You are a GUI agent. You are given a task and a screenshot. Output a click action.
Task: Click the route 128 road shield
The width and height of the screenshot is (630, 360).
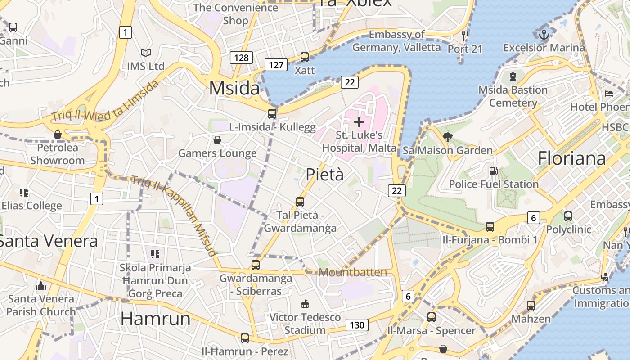point(241,58)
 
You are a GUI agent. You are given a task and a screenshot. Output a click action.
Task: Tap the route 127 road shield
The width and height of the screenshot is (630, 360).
point(276,65)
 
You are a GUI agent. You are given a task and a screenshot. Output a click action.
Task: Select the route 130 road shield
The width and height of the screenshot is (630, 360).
point(357,325)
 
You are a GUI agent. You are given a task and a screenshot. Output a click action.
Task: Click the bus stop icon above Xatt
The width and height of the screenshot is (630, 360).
point(305,57)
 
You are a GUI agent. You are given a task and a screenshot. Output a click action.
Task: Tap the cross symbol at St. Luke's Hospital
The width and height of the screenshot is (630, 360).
point(359,121)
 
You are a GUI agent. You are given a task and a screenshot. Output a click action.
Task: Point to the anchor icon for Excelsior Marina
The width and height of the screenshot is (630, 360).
point(544,34)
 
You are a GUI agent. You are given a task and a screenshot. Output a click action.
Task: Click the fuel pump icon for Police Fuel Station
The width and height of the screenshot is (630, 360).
point(494,171)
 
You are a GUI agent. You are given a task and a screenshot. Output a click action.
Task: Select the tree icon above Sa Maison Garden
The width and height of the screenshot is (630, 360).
point(447,137)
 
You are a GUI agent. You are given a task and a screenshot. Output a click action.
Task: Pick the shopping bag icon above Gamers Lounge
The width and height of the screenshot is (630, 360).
point(217,140)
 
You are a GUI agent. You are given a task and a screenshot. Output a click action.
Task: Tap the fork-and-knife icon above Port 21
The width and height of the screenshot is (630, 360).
point(465,35)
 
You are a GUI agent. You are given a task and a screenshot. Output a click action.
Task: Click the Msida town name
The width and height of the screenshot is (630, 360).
point(234,88)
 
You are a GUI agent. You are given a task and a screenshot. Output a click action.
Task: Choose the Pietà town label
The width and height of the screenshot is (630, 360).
point(325,175)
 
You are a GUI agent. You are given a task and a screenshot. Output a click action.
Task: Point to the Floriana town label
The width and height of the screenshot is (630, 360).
point(572,158)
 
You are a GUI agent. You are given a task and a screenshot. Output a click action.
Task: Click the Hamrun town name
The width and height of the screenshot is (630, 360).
point(156,319)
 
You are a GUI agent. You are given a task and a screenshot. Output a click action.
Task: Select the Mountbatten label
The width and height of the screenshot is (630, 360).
point(353,272)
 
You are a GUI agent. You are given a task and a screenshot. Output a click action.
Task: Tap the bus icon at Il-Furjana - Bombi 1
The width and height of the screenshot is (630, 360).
point(490,226)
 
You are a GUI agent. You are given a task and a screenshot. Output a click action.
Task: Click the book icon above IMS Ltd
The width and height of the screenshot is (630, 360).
point(146,53)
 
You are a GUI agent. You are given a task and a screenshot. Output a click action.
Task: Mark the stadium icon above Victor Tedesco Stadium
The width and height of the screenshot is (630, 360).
point(305,304)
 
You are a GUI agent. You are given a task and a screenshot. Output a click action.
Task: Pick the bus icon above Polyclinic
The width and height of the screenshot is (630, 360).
point(568,216)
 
